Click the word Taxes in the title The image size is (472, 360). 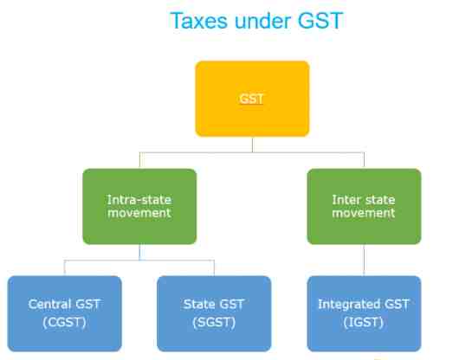point(198,21)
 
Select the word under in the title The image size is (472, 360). point(262,21)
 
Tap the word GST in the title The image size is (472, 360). point(320,21)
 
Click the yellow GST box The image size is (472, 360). point(252,99)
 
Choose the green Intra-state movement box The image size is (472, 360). point(139,206)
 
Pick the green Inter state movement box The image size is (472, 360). point(364,206)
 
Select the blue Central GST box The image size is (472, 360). point(65,313)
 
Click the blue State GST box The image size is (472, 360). point(214,313)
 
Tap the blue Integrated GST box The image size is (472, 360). point(364,313)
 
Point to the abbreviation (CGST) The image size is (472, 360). point(64,323)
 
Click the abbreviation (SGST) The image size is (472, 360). point(214,323)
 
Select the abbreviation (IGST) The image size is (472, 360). point(364,323)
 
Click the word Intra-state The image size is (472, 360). point(139,200)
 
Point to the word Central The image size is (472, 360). point(49,304)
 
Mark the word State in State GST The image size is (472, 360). point(198,304)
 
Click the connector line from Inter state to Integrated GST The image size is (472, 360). point(364,260)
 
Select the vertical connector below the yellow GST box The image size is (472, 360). point(252,145)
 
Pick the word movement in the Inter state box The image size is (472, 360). point(364,213)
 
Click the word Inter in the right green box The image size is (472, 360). point(346,200)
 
